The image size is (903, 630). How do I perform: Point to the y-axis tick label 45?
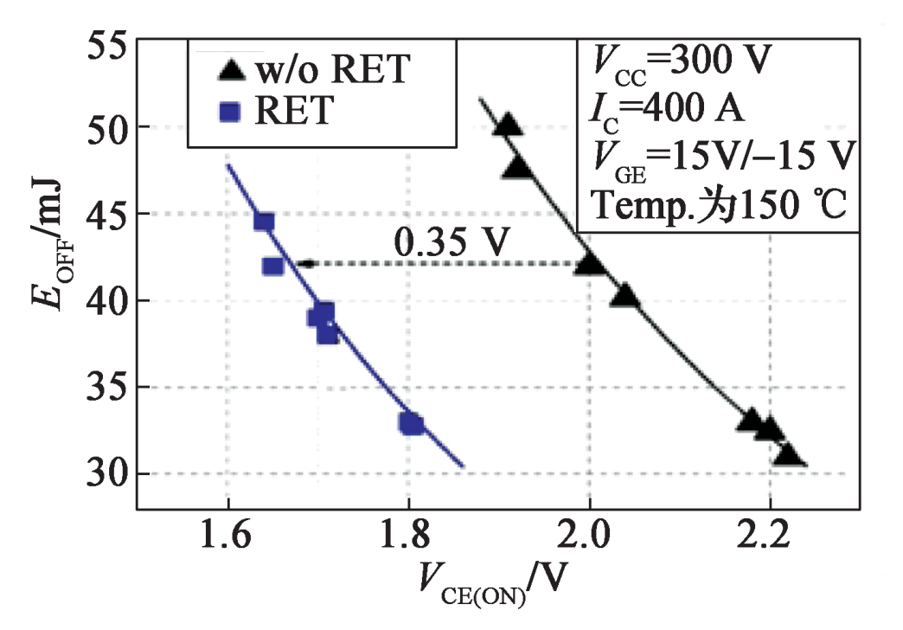tap(106, 215)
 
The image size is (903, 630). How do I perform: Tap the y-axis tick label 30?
tap(106, 474)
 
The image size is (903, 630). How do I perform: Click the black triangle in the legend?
tap(229, 69)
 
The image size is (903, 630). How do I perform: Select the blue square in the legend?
tap(229, 112)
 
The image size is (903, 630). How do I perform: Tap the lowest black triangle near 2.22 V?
tap(788, 454)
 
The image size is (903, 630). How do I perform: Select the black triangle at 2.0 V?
tap(590, 261)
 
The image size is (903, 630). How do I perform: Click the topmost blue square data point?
tap(264, 222)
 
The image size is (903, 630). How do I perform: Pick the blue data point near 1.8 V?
tap(412, 423)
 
